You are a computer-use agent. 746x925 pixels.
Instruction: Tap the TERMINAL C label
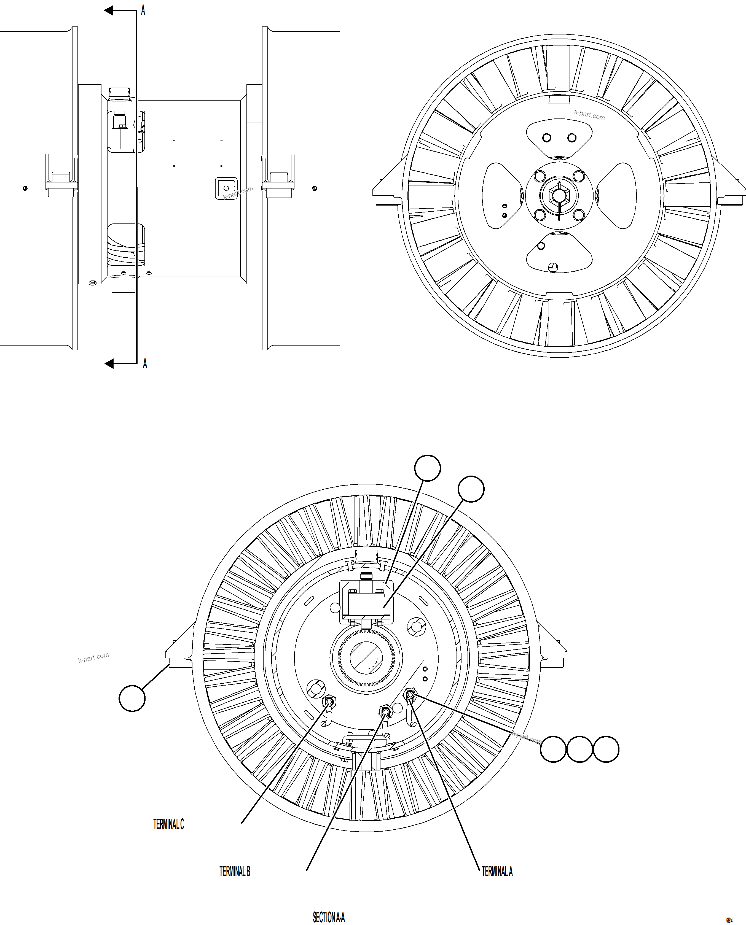click(x=168, y=824)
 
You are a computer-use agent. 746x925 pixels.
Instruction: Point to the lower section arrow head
click(x=109, y=364)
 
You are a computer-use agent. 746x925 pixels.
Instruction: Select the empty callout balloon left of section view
click(x=132, y=699)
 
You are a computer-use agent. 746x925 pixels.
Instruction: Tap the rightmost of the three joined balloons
click(x=606, y=749)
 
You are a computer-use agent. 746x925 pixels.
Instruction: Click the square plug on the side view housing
click(x=226, y=188)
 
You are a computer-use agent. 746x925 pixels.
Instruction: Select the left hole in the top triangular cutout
click(x=547, y=138)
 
